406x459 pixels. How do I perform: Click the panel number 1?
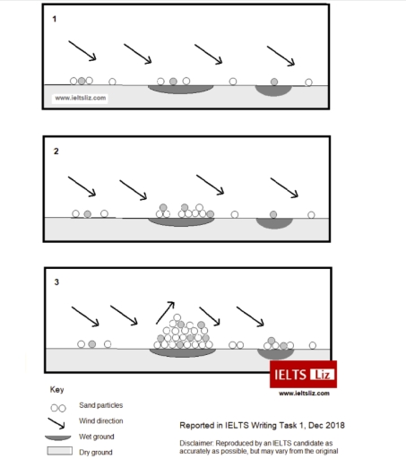(55, 18)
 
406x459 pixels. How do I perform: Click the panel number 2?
(55, 152)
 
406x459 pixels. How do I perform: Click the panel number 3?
(56, 282)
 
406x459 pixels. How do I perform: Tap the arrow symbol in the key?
(59, 421)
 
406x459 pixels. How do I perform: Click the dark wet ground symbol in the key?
(58, 437)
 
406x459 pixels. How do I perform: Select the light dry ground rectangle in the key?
(58, 451)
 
